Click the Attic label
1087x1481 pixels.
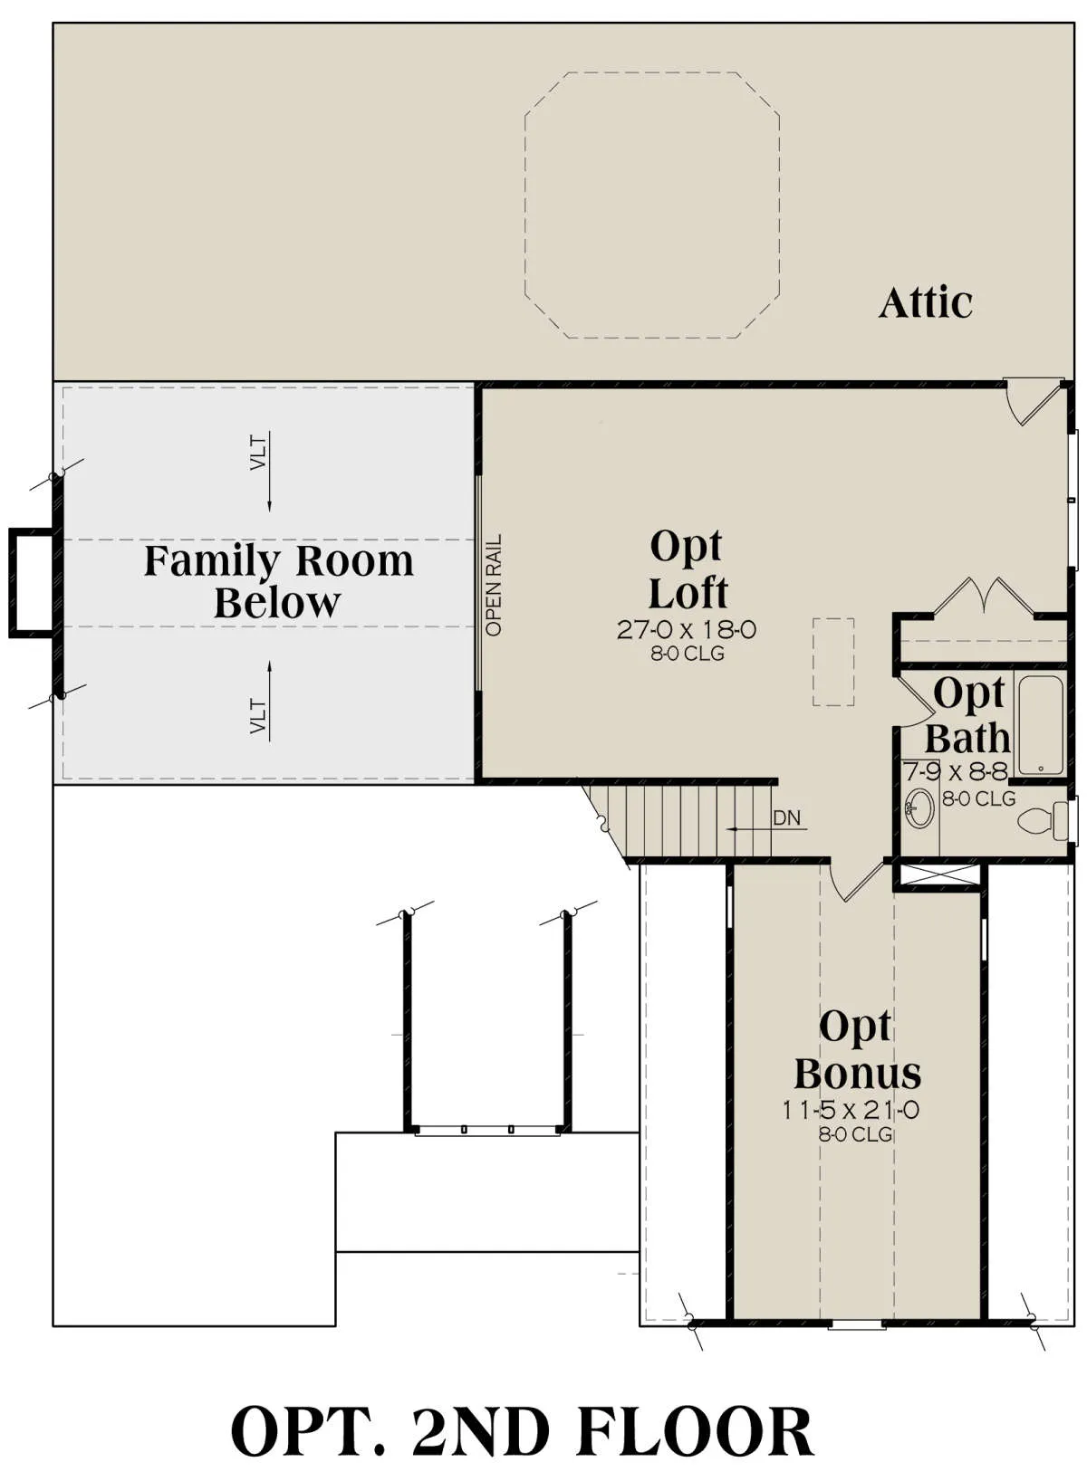click(925, 303)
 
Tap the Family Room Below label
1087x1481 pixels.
click(278, 581)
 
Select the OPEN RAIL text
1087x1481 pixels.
click(494, 585)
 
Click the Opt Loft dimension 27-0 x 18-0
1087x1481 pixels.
click(687, 629)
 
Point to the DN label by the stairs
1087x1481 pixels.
click(786, 817)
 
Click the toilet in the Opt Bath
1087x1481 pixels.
click(1042, 821)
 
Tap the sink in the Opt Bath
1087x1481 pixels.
click(919, 807)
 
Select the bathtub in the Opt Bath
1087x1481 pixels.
click(1042, 724)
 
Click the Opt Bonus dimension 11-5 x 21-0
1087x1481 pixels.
click(851, 1110)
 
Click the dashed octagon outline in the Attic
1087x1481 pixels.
click(524, 205)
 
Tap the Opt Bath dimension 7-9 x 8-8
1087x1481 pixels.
click(956, 771)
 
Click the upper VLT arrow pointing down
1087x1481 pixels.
click(269, 472)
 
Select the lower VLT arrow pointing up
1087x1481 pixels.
click(269, 700)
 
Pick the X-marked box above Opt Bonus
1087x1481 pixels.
click(936, 874)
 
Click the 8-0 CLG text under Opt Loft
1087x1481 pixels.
click(688, 654)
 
